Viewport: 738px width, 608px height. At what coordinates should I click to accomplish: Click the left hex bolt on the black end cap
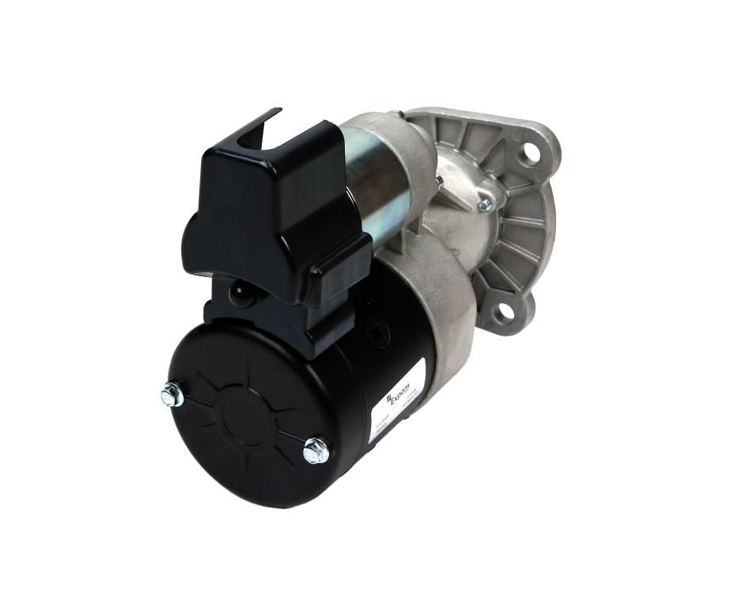coord(172,393)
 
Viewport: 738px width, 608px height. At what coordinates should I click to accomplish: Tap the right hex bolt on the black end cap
coord(316,450)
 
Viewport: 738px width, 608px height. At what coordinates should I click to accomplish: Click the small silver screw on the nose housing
coord(485,205)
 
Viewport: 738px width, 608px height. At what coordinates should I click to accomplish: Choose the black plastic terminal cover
coord(277,206)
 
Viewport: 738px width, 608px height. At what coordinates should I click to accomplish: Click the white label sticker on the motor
coord(397,400)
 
